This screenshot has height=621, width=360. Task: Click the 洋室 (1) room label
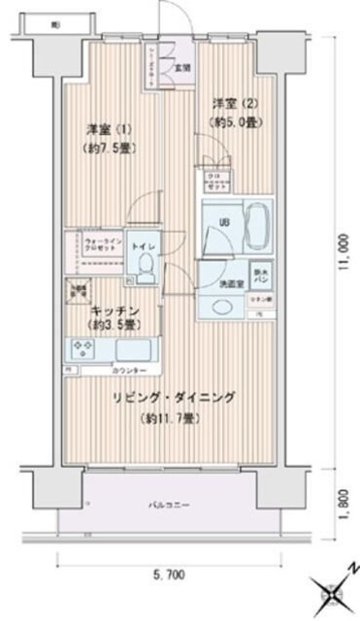[x=109, y=128]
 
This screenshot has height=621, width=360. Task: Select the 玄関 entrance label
[x=182, y=68]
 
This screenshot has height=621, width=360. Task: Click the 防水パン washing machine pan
[x=261, y=276]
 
